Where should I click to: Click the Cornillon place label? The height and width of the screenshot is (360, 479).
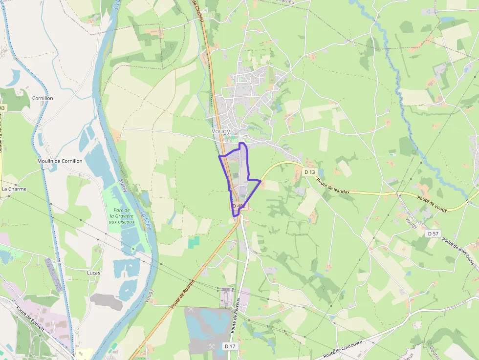coord(43,98)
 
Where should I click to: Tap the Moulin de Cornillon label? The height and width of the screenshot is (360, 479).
coord(60,161)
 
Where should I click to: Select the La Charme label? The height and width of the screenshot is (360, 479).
coord(14,189)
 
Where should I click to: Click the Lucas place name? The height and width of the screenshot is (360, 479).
coord(93,273)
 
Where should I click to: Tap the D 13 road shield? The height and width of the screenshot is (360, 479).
coord(309,172)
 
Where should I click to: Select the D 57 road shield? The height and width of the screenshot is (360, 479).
coord(433,233)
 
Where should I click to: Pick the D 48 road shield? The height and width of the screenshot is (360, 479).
coord(238,206)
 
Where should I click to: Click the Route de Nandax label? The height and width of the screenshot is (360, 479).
coord(333,186)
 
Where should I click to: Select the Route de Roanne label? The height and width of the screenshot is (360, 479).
coord(183,293)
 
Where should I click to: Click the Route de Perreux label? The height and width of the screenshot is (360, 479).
coord(236,315)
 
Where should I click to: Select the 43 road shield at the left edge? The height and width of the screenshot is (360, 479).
coord(2,107)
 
